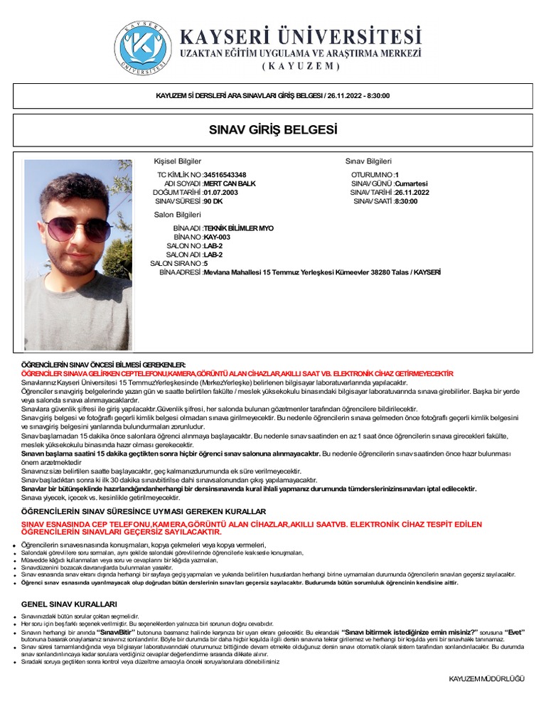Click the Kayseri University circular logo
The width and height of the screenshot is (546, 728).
click(146, 48)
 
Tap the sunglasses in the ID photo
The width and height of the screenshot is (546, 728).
click(68, 229)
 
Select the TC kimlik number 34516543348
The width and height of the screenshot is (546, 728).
click(225, 175)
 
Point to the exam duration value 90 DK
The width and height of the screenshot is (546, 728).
click(213, 201)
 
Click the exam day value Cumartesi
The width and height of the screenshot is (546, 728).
click(412, 183)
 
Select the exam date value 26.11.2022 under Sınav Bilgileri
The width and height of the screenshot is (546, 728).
click(412, 193)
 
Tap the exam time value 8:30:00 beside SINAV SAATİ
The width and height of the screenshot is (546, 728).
click(406, 201)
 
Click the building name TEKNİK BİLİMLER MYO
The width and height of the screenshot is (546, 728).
click(238, 228)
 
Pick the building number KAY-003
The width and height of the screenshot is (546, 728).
click(217, 237)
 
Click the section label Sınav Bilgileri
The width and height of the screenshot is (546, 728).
click(368, 161)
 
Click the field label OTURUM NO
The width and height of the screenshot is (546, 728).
click(372, 175)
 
